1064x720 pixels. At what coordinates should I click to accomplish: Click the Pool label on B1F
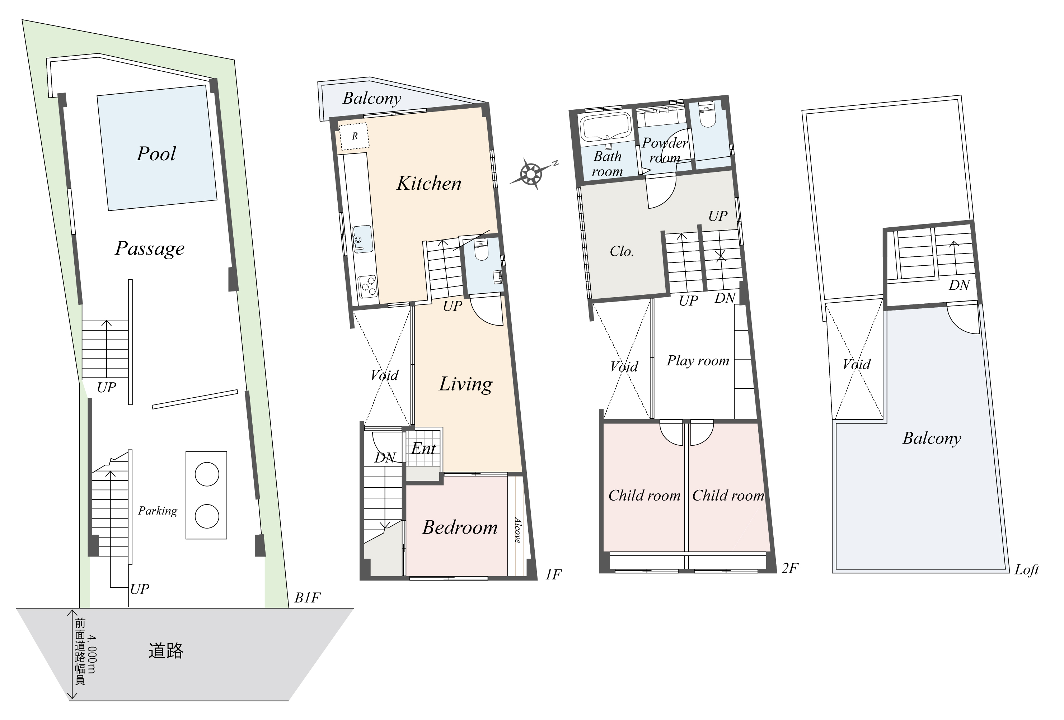click(x=156, y=154)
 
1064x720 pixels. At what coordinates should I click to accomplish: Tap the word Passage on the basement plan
click(x=150, y=248)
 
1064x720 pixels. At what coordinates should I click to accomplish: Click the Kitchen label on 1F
click(x=428, y=184)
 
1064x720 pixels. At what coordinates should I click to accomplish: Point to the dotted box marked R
click(x=354, y=136)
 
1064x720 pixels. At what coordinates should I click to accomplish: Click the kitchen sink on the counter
click(x=362, y=238)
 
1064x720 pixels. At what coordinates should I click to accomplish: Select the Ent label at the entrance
click(x=423, y=449)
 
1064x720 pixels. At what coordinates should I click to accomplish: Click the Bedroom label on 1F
click(x=460, y=527)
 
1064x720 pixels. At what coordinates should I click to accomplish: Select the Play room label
click(x=698, y=361)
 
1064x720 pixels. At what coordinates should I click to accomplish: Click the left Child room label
click(x=644, y=496)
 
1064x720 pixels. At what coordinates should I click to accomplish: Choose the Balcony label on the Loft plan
click(x=932, y=438)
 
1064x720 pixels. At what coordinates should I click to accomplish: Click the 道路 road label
click(x=166, y=650)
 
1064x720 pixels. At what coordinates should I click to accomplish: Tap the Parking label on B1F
click(x=158, y=511)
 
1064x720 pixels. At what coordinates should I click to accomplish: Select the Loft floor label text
click(x=1026, y=570)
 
